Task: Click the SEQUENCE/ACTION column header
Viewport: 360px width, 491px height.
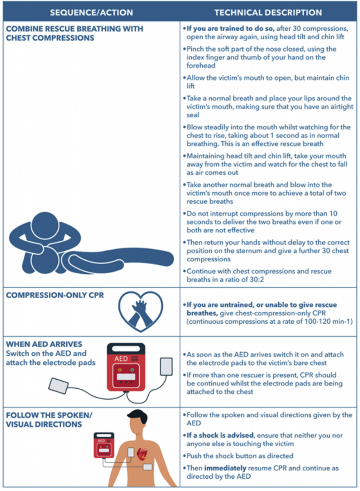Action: (91, 12)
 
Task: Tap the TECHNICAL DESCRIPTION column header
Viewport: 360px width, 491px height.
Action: (268, 12)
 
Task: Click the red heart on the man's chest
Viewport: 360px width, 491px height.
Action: (143, 454)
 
